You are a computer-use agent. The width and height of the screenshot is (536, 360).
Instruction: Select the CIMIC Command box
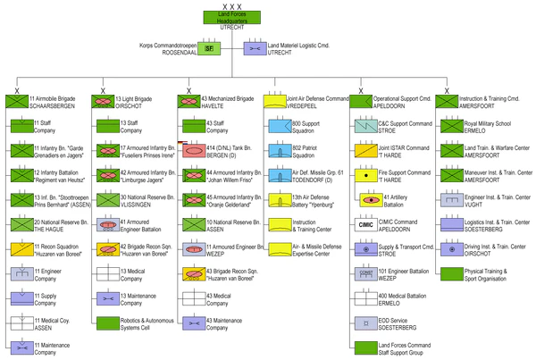point(363,225)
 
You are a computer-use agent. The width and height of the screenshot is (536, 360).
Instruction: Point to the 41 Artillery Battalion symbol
point(369,200)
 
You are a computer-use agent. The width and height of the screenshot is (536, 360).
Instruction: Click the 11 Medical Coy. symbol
point(18,323)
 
